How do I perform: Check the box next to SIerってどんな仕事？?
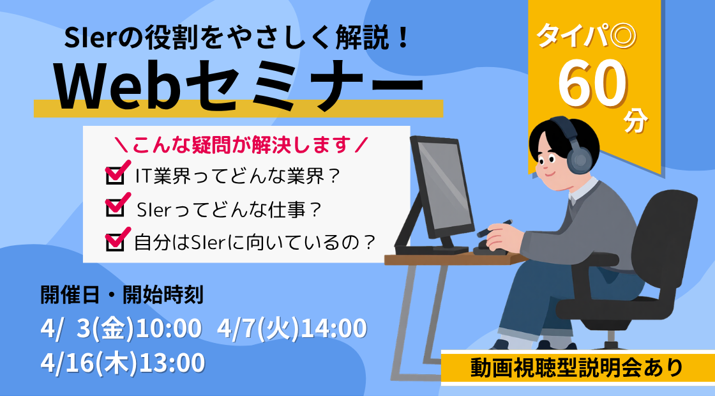pyautogui.click(x=115, y=208)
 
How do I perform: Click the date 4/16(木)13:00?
pyautogui.click(x=122, y=363)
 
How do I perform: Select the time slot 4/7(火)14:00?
pyautogui.click(x=292, y=328)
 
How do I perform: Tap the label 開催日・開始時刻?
pyautogui.click(x=121, y=295)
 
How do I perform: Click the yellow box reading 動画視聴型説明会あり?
pyautogui.click(x=577, y=368)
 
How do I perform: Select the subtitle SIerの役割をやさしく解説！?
pyautogui.click(x=237, y=38)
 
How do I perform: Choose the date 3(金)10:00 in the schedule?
pyautogui.click(x=139, y=328)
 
